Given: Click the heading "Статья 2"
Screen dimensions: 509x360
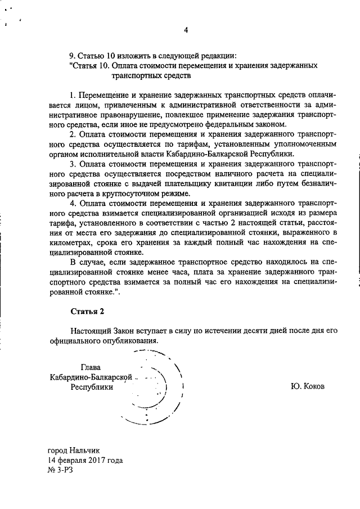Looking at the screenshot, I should point(88,311).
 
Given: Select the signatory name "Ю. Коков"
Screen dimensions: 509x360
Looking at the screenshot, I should point(308,387).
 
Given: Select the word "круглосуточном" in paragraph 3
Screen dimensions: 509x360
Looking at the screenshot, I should point(126,193).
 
